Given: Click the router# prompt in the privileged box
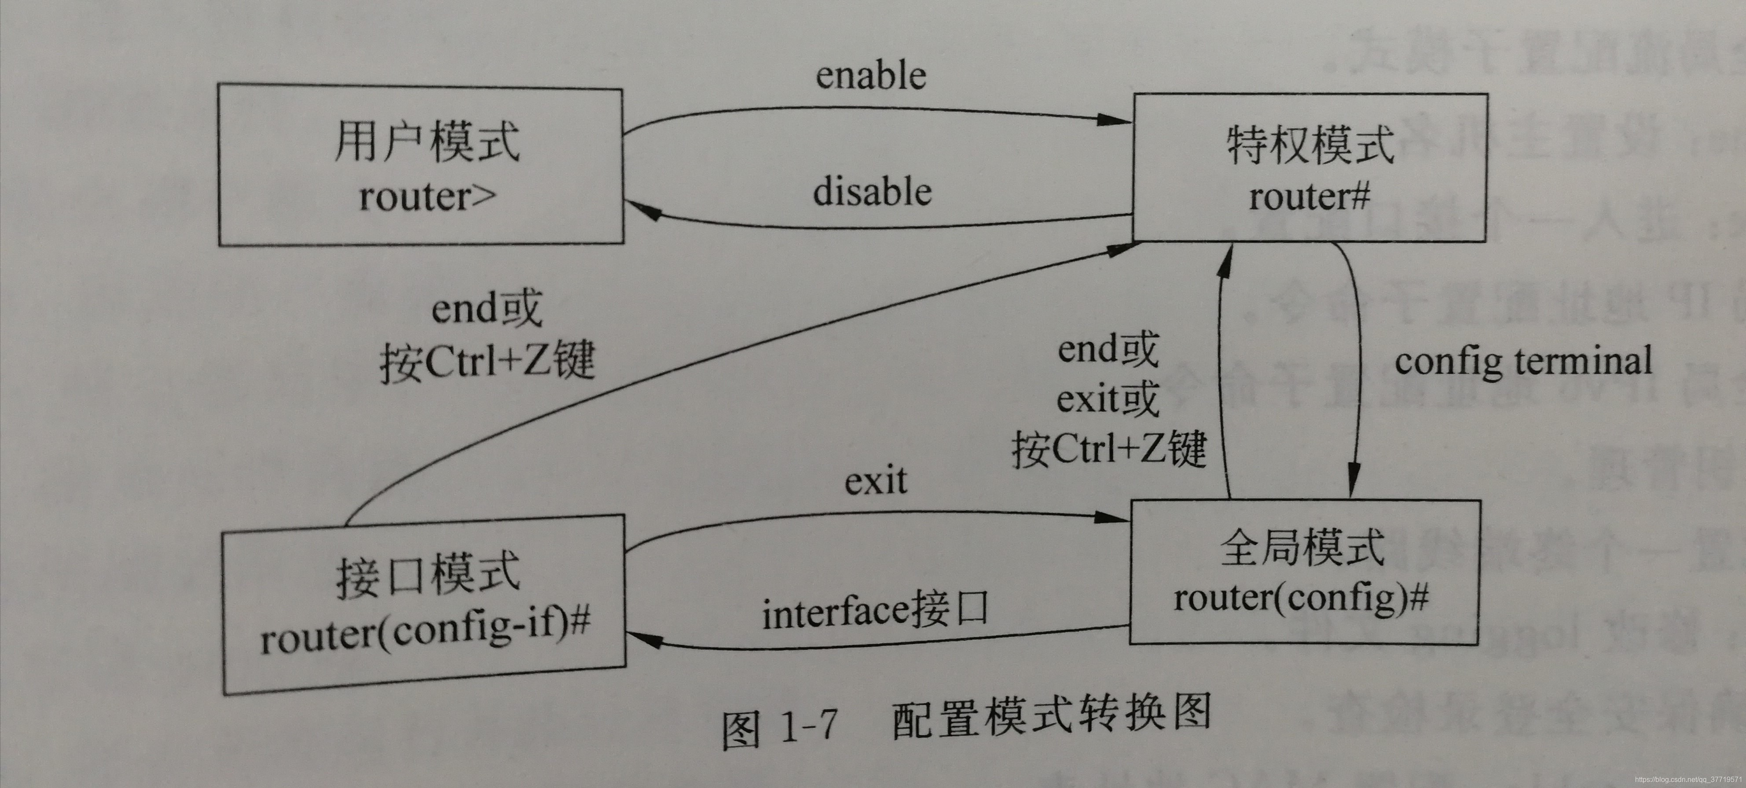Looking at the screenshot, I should click(x=1309, y=197).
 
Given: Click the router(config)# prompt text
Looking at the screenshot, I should click(x=1302, y=598).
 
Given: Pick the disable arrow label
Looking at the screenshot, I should click(x=872, y=192).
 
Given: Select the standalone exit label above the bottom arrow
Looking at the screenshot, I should click(x=875, y=481).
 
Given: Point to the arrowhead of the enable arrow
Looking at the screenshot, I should click(x=1115, y=120).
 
